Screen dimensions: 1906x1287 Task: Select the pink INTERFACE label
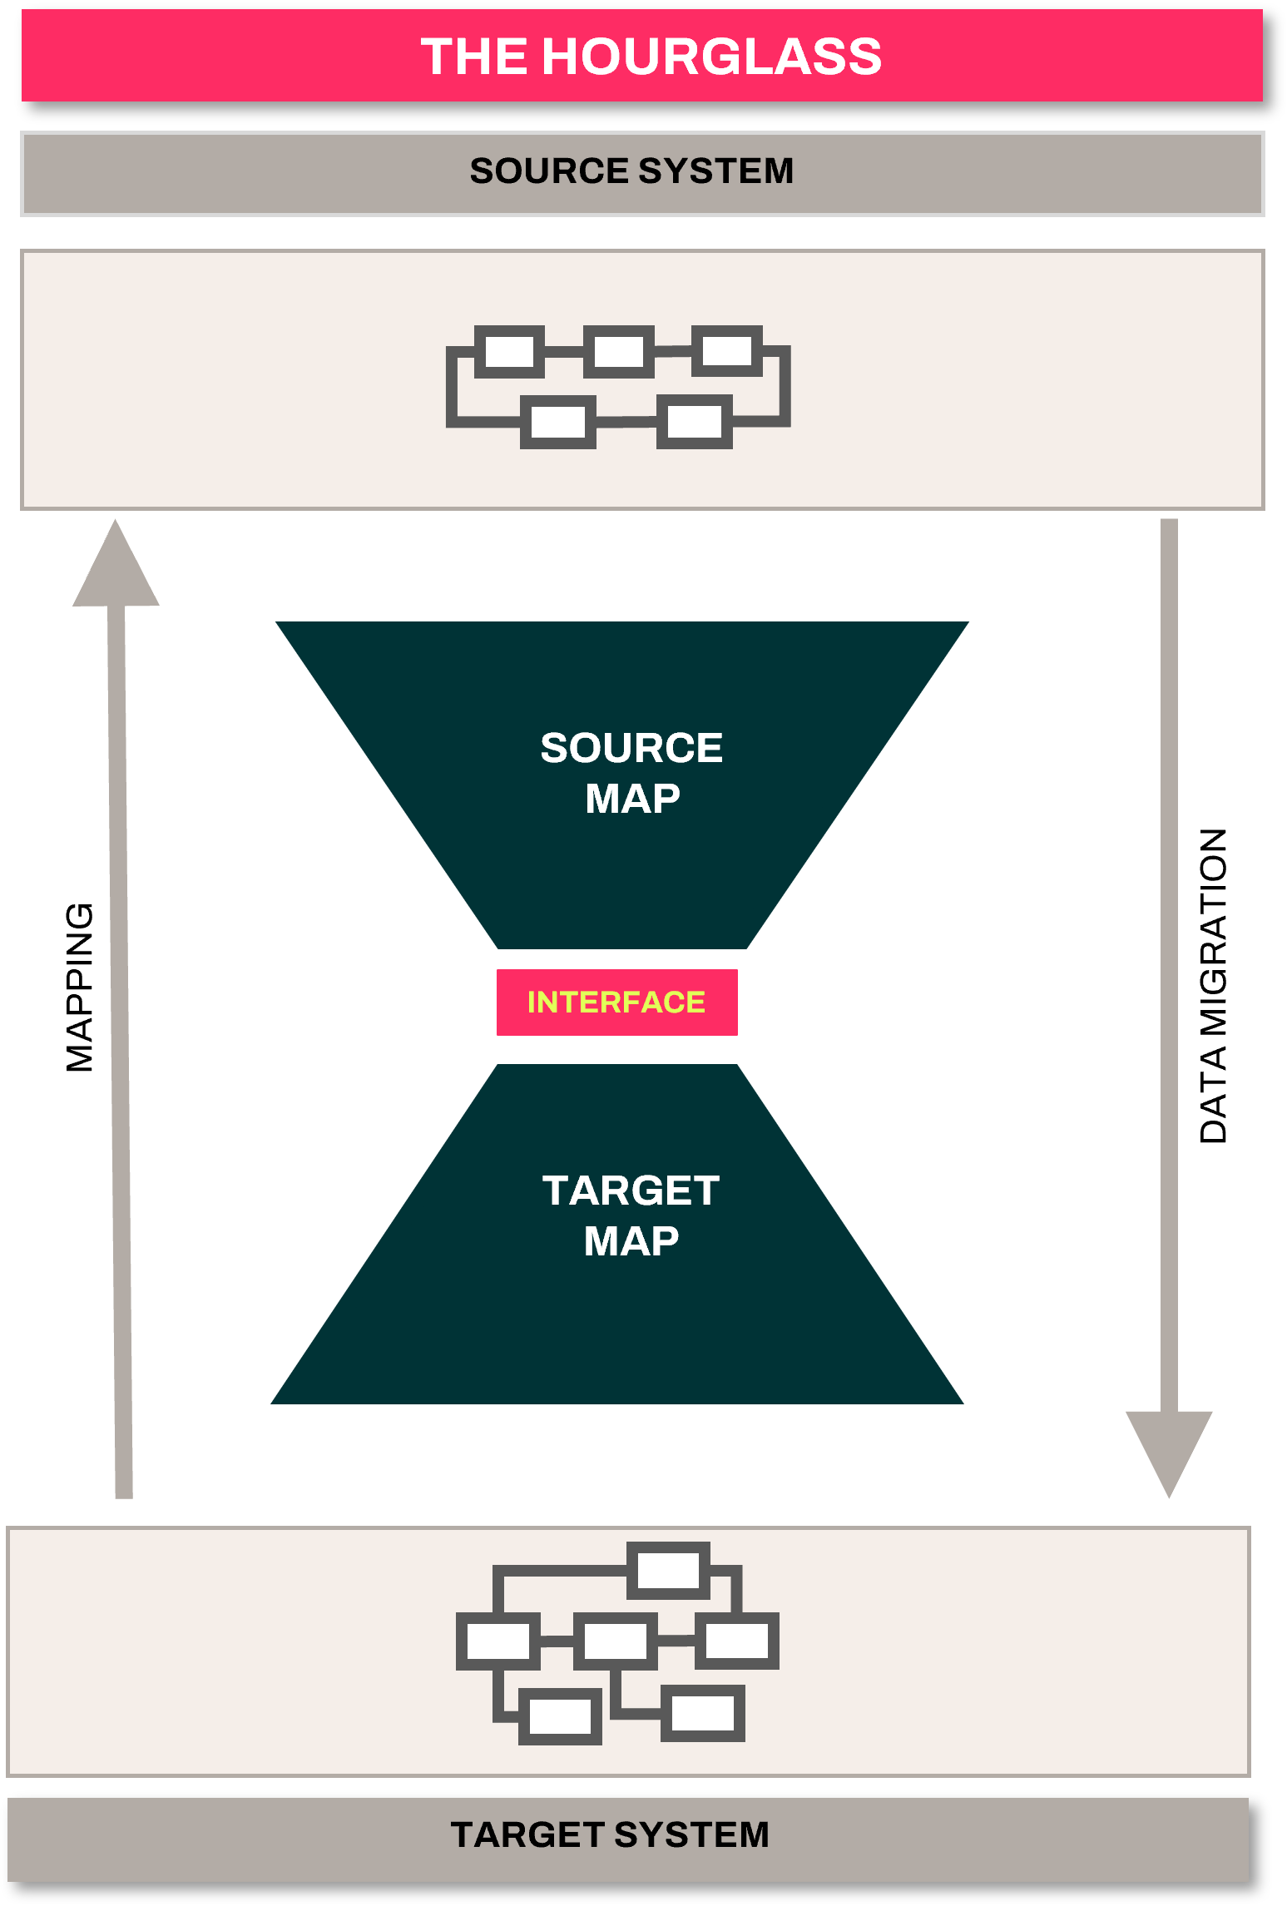point(616,1002)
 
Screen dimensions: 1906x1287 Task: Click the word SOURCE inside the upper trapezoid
point(631,747)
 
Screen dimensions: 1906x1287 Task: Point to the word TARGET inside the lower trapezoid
point(631,1191)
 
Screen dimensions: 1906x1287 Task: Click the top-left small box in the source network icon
point(509,351)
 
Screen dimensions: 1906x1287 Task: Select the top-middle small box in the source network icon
point(618,351)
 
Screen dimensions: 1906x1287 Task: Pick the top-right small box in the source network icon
point(727,350)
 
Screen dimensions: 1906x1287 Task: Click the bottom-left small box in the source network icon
point(557,422)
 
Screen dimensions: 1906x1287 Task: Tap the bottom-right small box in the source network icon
point(694,422)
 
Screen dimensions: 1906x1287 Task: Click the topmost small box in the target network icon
point(668,1571)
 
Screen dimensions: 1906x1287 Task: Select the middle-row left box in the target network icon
point(497,1641)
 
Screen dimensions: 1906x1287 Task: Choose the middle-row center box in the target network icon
point(615,1641)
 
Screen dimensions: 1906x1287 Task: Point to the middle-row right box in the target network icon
point(737,1641)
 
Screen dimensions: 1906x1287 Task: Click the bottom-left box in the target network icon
point(560,1715)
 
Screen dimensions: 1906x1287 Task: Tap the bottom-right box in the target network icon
point(703,1713)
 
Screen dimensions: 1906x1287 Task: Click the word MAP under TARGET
point(631,1241)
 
